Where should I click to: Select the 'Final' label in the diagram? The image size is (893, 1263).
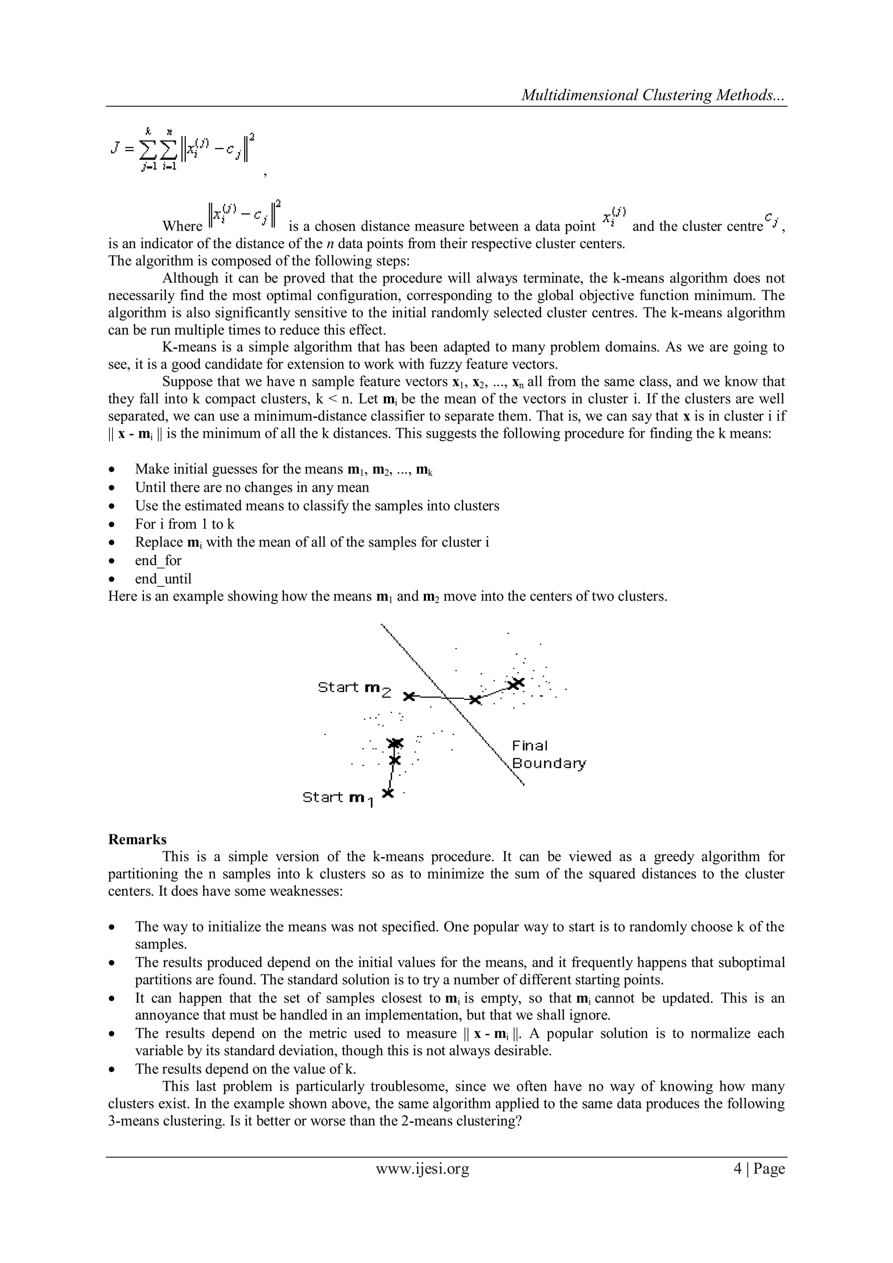click(530, 746)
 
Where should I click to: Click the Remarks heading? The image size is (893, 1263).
click(137, 839)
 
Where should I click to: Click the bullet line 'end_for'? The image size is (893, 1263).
click(158, 561)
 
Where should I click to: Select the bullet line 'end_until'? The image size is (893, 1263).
click(164, 579)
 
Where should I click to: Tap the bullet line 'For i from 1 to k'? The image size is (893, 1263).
click(184, 524)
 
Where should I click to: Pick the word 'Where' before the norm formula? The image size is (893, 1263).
click(182, 227)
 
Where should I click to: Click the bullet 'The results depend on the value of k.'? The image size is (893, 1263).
click(245, 1069)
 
